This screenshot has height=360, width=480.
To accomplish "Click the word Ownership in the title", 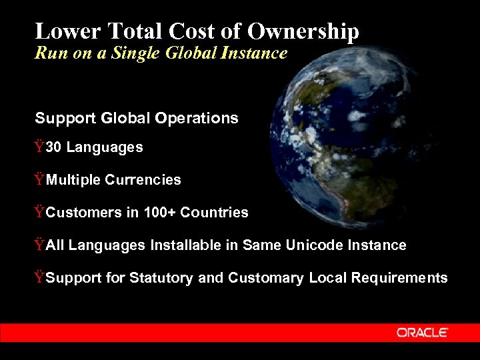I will click(303, 31).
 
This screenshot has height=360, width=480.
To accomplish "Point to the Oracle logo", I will click(423, 332).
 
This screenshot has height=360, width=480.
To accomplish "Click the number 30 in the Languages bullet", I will click(54, 147).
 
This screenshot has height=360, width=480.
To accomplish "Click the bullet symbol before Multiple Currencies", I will click(40, 179).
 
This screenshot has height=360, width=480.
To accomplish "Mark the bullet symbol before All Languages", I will click(40, 245).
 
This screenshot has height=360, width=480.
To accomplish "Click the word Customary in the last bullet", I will click(266, 278).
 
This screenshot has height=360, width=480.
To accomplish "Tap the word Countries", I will click(214, 213).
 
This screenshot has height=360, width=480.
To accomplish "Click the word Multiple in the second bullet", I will click(74, 180).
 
